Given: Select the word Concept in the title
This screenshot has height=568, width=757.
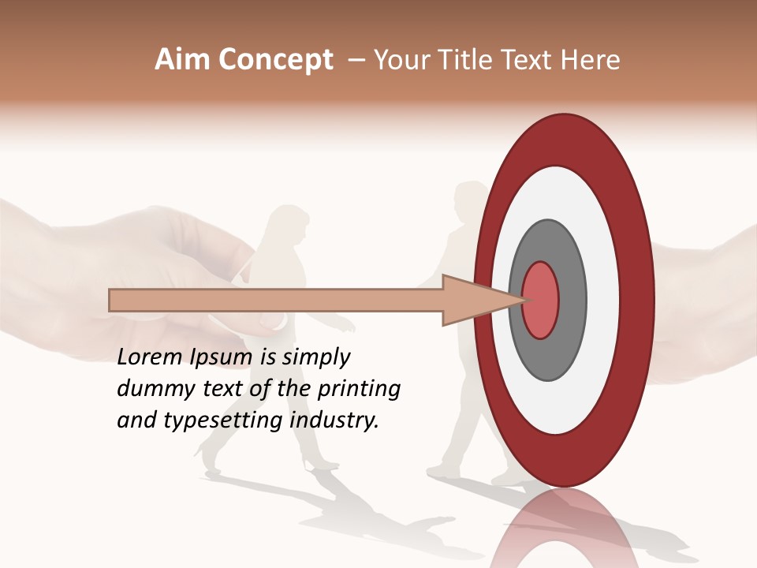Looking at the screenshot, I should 275,60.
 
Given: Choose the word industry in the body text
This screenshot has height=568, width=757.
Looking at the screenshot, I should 334,420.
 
